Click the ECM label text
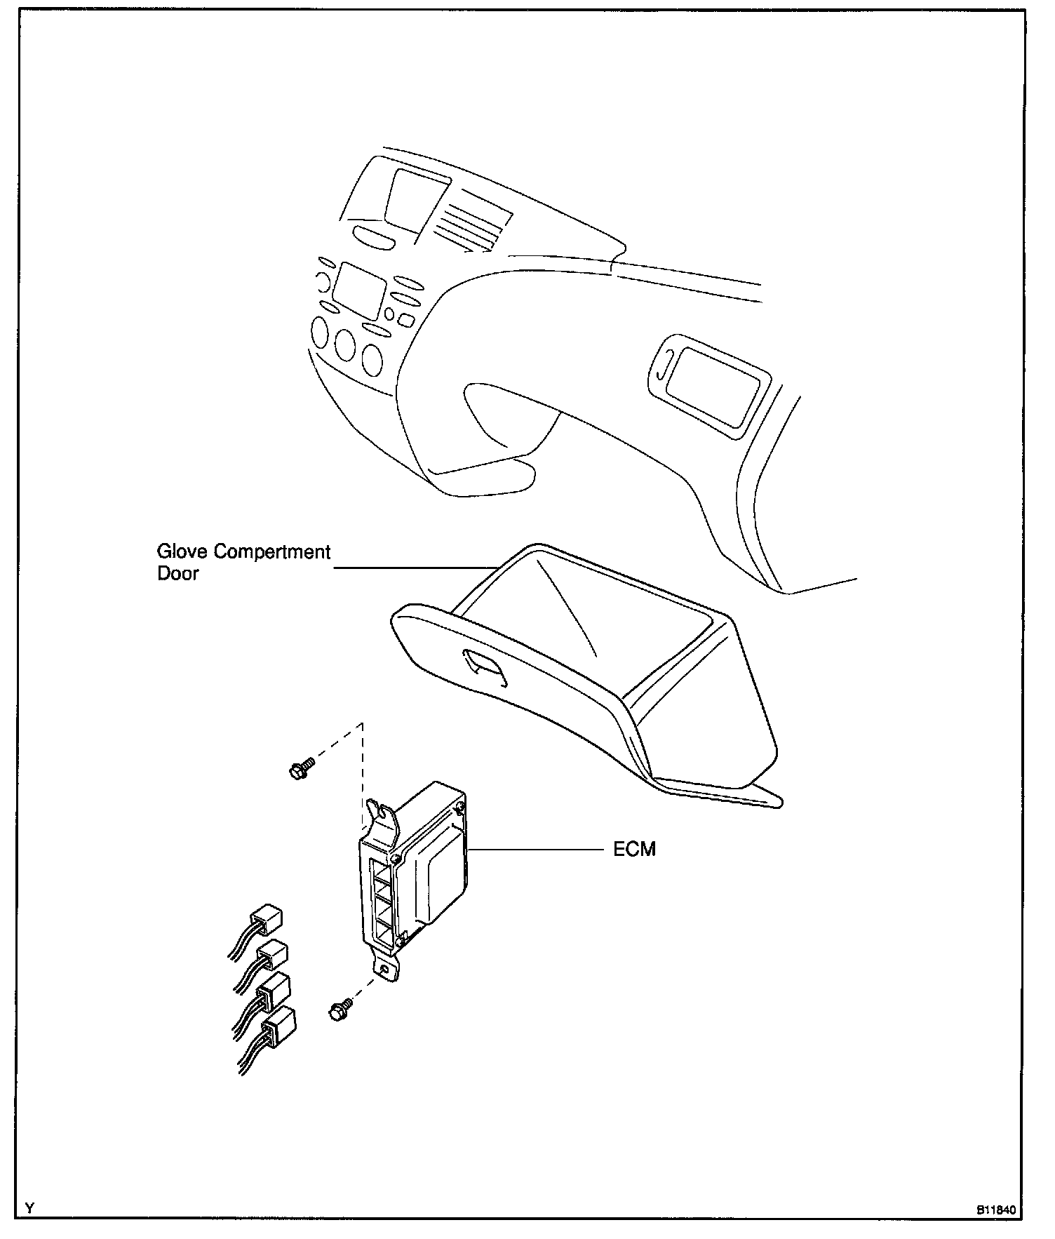634,850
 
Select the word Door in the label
177,574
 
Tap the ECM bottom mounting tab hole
385,969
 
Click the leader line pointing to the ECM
533,850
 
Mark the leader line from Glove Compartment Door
414,568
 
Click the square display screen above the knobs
361,289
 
